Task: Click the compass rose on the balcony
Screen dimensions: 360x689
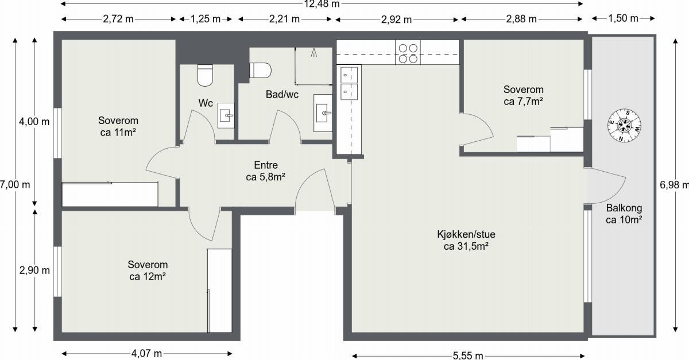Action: [x=624, y=126]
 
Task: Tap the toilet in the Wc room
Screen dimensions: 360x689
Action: [x=205, y=74]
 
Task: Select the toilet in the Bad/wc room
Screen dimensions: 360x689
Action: [x=260, y=70]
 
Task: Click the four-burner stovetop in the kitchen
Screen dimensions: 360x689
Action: [x=408, y=53]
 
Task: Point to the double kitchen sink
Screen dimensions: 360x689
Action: [x=349, y=83]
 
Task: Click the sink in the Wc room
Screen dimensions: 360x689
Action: [x=226, y=116]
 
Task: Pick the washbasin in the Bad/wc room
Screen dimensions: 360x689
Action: [x=323, y=113]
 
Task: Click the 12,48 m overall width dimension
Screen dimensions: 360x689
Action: [x=322, y=4]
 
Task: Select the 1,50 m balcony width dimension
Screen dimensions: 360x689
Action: [x=623, y=18]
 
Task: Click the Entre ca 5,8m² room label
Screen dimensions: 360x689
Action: [x=266, y=172]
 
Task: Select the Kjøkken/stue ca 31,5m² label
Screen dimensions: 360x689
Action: [x=466, y=241]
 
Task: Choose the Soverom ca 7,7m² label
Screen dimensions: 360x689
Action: [x=523, y=95]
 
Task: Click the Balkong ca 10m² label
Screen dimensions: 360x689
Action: [x=624, y=214]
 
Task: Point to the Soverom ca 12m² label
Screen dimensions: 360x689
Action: [x=148, y=270]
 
